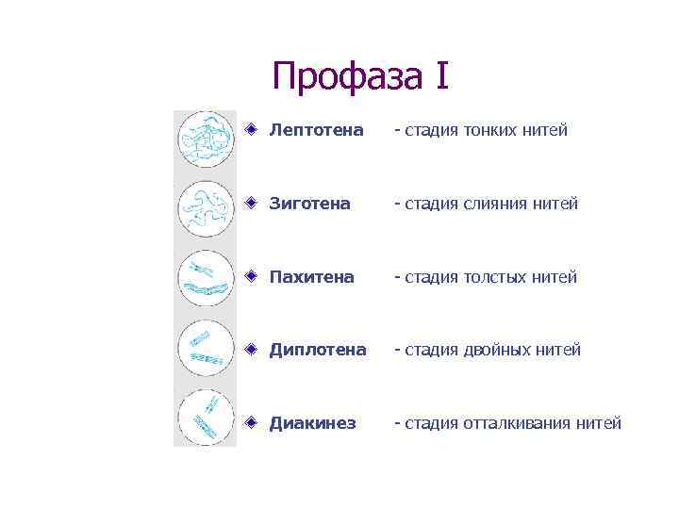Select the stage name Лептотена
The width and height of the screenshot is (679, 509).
pos(316,130)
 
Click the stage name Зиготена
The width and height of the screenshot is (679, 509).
pos(309,204)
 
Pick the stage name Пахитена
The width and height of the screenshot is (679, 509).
pos(311,277)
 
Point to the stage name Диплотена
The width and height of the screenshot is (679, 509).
pos(317,350)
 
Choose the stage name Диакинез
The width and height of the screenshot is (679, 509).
pos(312,423)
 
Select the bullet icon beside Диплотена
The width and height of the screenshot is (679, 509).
pos(251,348)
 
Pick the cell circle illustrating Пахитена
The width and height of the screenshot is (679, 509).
pos(206,278)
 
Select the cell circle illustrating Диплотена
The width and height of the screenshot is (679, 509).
pos(206,348)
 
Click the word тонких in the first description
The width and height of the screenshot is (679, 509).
pos(488,130)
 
